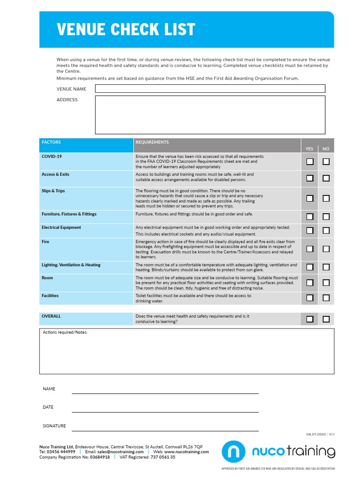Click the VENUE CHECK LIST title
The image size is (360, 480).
tap(126, 30)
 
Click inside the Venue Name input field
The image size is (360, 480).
tap(210, 89)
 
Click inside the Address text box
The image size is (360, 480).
tap(210, 115)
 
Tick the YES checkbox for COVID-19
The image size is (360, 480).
tap(310, 162)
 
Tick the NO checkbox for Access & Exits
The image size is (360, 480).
tap(326, 178)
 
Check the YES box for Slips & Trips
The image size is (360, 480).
tap(310, 198)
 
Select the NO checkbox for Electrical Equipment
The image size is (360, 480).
tap(326, 230)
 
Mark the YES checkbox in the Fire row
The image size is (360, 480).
tap(310, 248)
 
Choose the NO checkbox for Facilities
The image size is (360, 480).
tap(326, 298)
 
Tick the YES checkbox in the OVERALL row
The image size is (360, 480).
tap(310, 319)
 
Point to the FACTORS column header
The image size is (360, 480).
tap(51, 142)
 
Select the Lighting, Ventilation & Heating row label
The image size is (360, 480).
tap(71, 265)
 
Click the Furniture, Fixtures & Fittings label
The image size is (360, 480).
tap(69, 214)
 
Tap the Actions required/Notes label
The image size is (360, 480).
tap(65, 332)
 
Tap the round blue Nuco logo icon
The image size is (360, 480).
tap(233, 452)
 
